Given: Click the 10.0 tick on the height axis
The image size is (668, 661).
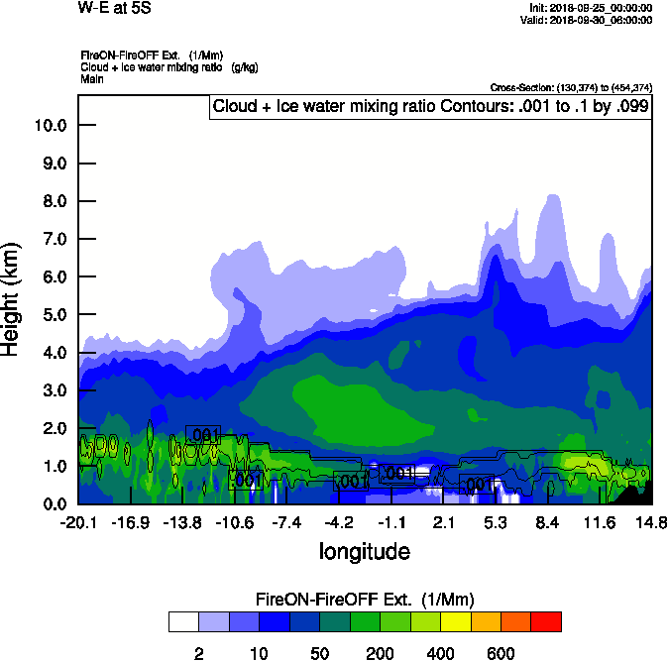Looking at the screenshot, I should [50, 125].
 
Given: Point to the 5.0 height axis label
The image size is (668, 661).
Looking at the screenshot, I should [50, 315].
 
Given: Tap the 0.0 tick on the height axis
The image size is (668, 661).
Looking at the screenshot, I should [50, 504].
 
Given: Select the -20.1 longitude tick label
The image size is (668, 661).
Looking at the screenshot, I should [78, 522].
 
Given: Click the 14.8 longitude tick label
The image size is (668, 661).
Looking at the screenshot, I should [651, 522].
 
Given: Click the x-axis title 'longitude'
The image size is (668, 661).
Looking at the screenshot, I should [364, 550].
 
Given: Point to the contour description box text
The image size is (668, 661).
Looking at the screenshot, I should [430, 106].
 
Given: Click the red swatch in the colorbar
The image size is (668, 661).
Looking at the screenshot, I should [546, 621].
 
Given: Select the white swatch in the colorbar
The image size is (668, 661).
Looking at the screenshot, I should [183, 621].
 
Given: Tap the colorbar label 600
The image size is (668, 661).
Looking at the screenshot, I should [501, 653].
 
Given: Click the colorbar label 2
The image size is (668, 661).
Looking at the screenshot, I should [199, 653].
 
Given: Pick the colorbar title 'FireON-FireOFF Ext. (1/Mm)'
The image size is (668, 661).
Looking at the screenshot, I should [365, 600].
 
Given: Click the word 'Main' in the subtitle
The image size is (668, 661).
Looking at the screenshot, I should [92, 78].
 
